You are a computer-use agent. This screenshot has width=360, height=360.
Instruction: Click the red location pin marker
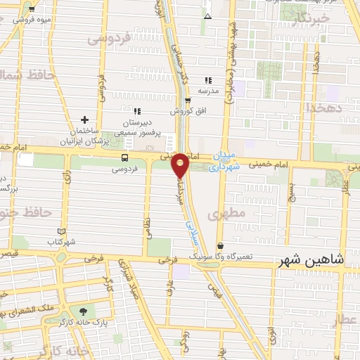tap(181, 165)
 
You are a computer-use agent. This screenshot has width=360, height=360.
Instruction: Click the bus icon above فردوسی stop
tap(124, 157)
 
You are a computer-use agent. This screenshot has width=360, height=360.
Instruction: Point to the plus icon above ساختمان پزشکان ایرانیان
tap(85, 121)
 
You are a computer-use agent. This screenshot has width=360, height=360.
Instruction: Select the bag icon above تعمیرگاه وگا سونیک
tap(221, 246)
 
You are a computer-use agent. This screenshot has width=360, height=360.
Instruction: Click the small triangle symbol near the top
tap(207, 15)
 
